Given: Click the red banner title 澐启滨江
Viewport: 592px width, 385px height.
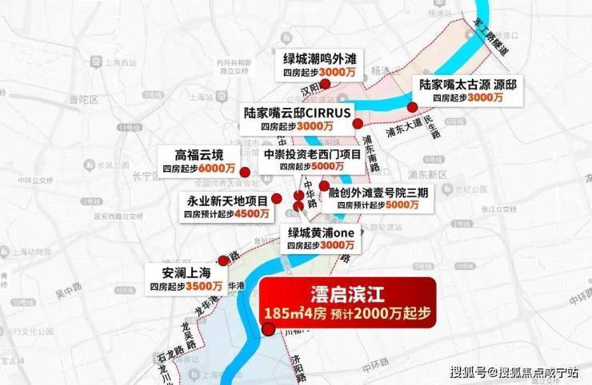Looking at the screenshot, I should (x=346, y=293).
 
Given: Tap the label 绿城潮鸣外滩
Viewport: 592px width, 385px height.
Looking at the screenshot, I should (x=319, y=58).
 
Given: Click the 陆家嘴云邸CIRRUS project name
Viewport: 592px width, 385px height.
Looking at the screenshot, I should (x=298, y=113).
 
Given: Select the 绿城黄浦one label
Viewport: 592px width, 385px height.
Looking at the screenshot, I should (x=321, y=232).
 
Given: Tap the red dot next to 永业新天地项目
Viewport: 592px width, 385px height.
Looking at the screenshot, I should (x=276, y=198).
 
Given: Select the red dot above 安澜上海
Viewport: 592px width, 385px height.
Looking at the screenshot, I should (x=223, y=260).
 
